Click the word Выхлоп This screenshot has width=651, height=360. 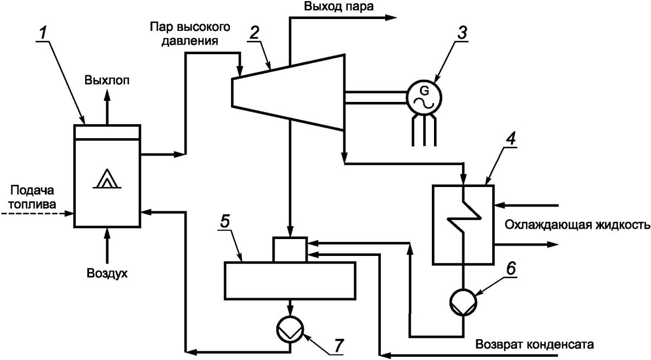click(107, 81)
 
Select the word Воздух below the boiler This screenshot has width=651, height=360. click(107, 273)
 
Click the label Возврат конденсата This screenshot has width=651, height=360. click(535, 344)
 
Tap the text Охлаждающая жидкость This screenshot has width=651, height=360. click(577, 225)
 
